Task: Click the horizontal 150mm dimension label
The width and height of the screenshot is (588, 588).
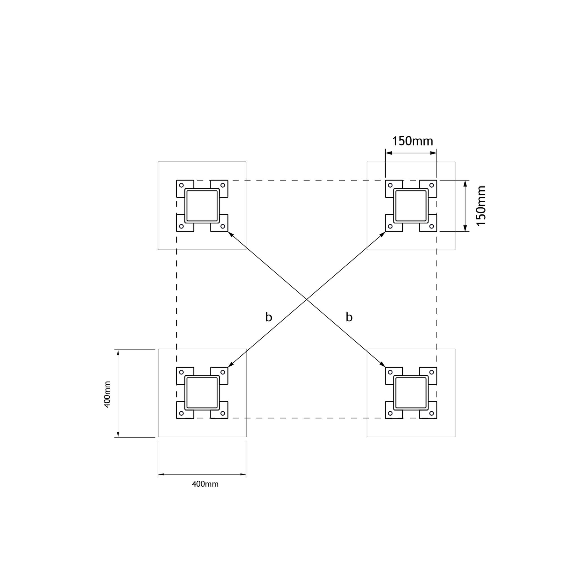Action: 412,141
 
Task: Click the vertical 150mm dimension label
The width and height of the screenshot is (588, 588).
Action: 481,206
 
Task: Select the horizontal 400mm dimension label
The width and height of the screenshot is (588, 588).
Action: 205,484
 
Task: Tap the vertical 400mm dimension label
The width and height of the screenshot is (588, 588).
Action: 107,394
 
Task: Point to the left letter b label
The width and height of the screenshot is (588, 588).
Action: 268,317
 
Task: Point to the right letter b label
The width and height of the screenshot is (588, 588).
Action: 349,317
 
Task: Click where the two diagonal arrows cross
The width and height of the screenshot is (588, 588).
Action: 306,299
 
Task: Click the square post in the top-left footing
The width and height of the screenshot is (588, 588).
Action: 202,206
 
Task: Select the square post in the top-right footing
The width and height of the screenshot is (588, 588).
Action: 411,206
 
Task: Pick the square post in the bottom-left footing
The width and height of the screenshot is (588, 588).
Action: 202,392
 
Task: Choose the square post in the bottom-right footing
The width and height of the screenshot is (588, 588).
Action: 411,392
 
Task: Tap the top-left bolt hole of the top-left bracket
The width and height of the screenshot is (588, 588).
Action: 181,185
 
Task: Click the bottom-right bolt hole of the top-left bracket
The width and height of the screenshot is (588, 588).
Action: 223,227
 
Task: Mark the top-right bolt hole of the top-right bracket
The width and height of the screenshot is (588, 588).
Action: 432,185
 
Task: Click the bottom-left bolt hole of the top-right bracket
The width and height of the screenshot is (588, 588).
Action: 390,227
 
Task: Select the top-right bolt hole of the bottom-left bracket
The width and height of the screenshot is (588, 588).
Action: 223,372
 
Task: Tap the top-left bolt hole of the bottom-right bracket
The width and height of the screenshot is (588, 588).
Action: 390,372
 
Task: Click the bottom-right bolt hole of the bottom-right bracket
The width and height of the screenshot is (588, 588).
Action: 432,413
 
